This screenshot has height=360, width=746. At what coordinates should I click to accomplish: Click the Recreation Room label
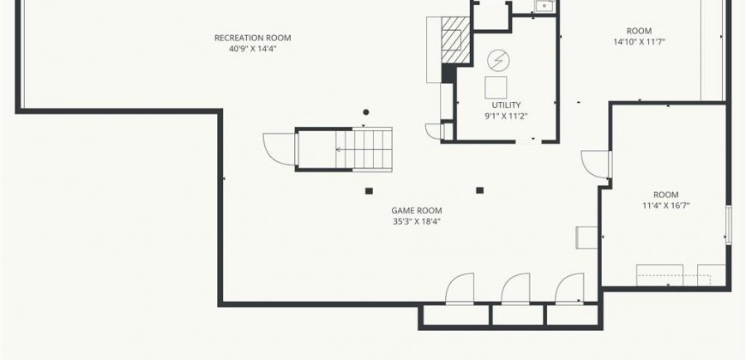click(x=253, y=38)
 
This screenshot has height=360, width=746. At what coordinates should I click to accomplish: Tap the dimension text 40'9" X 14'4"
click(x=253, y=49)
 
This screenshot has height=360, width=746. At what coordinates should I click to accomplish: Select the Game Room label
click(x=417, y=211)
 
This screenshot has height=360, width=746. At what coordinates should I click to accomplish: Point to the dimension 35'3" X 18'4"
click(x=417, y=221)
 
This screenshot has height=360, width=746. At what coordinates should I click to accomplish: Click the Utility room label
click(x=506, y=105)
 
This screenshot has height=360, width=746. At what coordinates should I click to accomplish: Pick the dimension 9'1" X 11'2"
click(x=506, y=116)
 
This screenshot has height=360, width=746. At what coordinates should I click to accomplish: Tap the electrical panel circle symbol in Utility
click(x=498, y=60)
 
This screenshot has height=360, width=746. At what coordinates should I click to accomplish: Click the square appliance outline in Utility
click(x=496, y=87)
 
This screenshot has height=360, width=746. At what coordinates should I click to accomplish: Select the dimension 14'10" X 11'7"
click(x=639, y=42)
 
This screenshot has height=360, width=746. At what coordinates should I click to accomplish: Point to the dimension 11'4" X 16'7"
click(x=665, y=206)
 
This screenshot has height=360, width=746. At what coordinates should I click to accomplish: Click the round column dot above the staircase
click(x=366, y=112)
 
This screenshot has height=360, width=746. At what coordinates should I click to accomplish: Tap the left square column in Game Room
click(x=369, y=191)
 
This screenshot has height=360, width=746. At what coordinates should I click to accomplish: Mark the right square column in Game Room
click(x=479, y=190)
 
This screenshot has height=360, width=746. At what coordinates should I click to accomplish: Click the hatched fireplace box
click(x=456, y=40)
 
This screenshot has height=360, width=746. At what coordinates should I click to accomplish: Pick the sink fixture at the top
click(x=544, y=6)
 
